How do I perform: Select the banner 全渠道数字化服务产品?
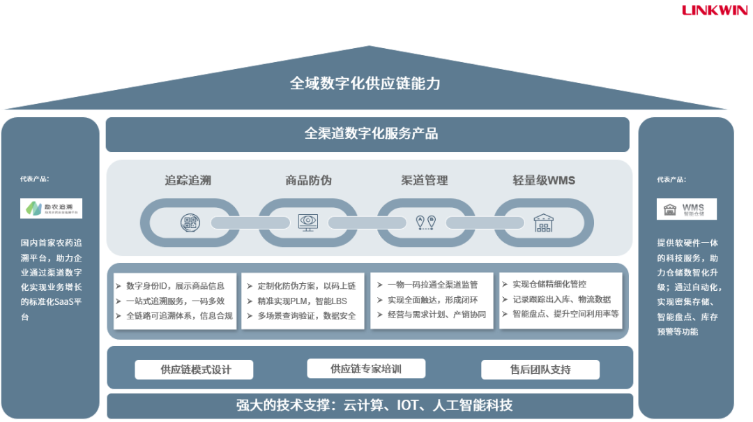367,134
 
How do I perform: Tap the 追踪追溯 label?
188,180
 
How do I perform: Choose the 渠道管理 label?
424,180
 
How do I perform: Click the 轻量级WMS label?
544,180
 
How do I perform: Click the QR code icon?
190,223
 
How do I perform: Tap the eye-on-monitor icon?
307,222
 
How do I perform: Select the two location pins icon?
426,222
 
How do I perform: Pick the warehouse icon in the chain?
543,223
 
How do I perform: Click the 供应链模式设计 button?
194,370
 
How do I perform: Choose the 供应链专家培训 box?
366,368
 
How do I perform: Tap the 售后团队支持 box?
540,370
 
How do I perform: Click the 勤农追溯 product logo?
52,208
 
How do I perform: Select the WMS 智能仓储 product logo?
686,209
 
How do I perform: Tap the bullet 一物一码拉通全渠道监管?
432,285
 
